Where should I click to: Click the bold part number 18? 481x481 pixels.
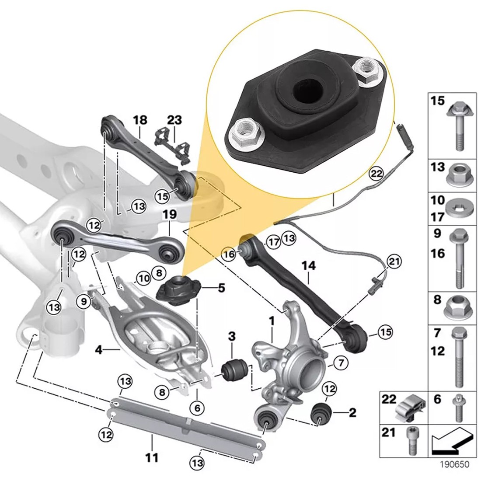141,120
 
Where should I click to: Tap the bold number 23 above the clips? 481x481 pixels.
174,120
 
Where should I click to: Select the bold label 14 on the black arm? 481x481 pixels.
308,265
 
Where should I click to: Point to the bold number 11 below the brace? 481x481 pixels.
151,458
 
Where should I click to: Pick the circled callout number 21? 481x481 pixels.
394,262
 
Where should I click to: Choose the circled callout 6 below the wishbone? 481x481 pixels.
197,408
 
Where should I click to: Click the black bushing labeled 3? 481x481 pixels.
235,370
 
